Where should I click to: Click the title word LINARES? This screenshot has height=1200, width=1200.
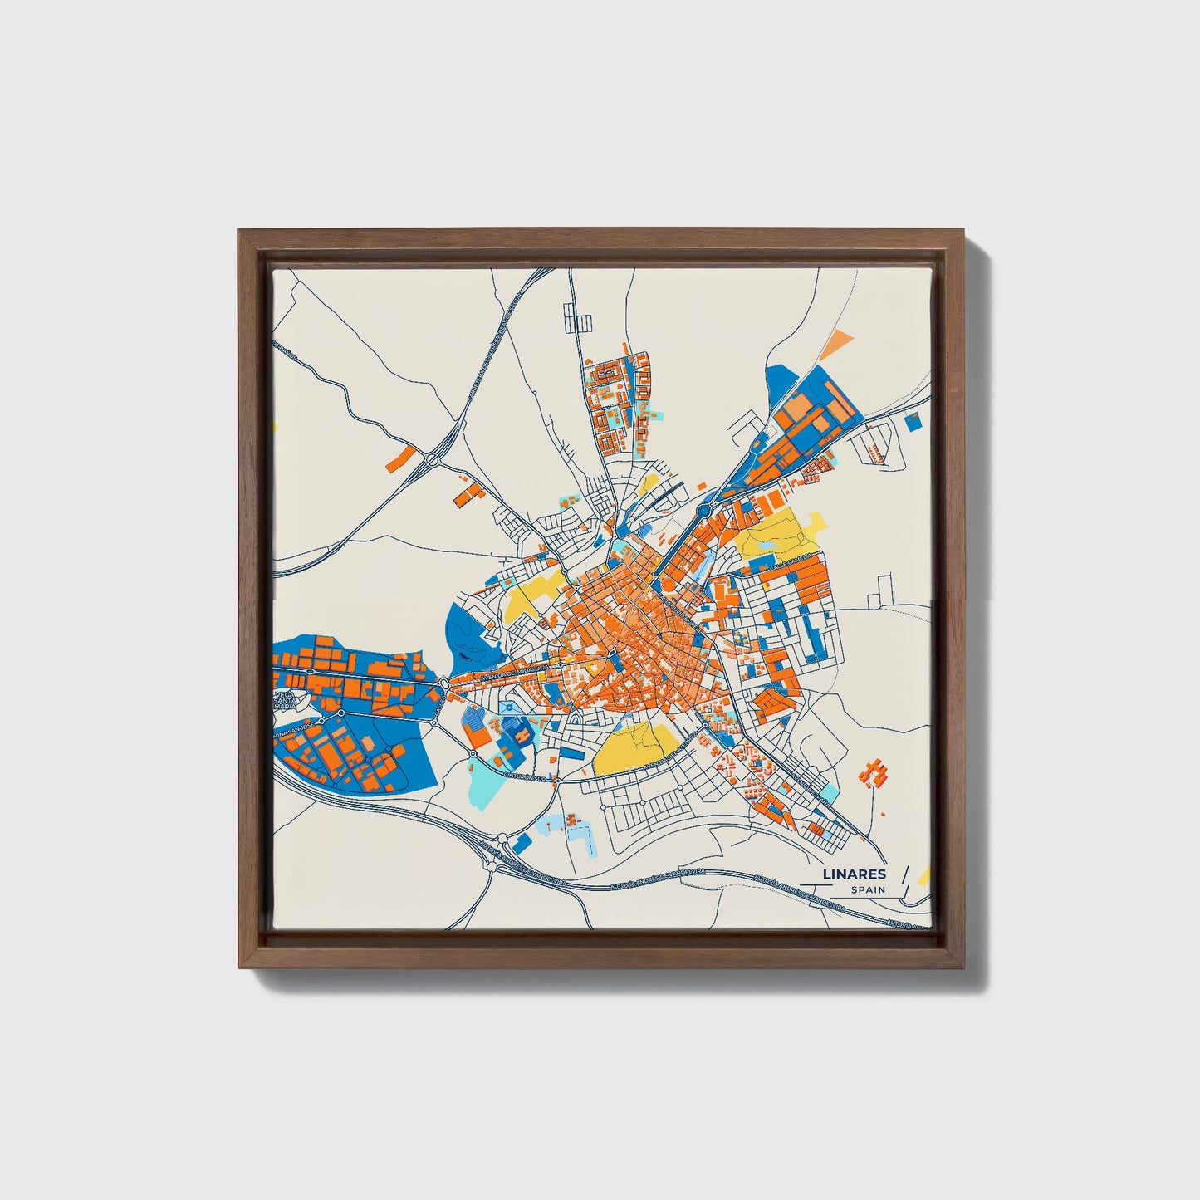[x=855, y=874]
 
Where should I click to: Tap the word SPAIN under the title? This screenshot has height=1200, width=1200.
[x=868, y=890]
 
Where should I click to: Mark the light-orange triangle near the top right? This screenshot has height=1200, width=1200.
[x=840, y=340]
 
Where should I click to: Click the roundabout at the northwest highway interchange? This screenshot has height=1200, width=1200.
[x=432, y=459]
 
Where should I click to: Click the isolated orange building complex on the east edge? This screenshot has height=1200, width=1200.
[x=874, y=773]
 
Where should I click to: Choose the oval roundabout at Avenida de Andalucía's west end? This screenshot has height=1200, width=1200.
[x=445, y=683]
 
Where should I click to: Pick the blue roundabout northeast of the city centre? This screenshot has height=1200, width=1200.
[x=707, y=507]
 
